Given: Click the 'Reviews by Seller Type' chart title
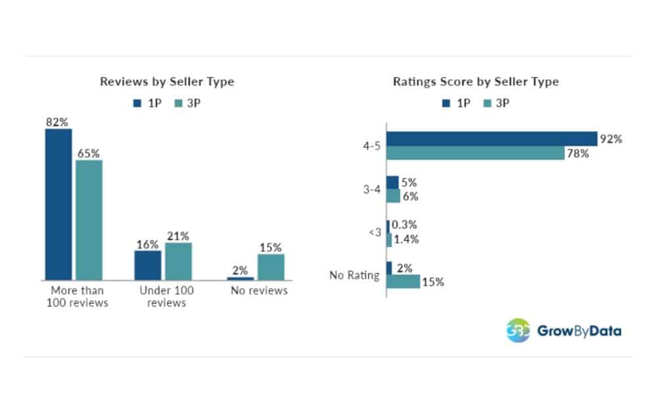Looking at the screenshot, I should tap(167, 82).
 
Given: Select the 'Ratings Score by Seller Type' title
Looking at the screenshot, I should tap(476, 82).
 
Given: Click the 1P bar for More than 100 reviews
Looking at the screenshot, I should tap(58, 204).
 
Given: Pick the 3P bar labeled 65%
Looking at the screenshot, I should tap(89, 220).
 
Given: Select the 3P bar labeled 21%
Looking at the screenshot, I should tap(178, 261).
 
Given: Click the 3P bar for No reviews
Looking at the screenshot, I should tap(271, 267).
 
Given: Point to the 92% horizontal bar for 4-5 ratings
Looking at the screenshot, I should tap(491, 139).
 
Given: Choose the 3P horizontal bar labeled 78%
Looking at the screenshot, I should tap(475, 153).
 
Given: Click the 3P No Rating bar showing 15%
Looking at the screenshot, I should tap(403, 281).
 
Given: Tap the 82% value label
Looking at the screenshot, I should tap(58, 122).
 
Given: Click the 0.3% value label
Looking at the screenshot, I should tap(404, 225).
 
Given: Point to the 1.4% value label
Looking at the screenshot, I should tap(407, 240).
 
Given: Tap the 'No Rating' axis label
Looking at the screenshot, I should tap(354, 275).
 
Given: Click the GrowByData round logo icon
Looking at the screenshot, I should tap(517, 330).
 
